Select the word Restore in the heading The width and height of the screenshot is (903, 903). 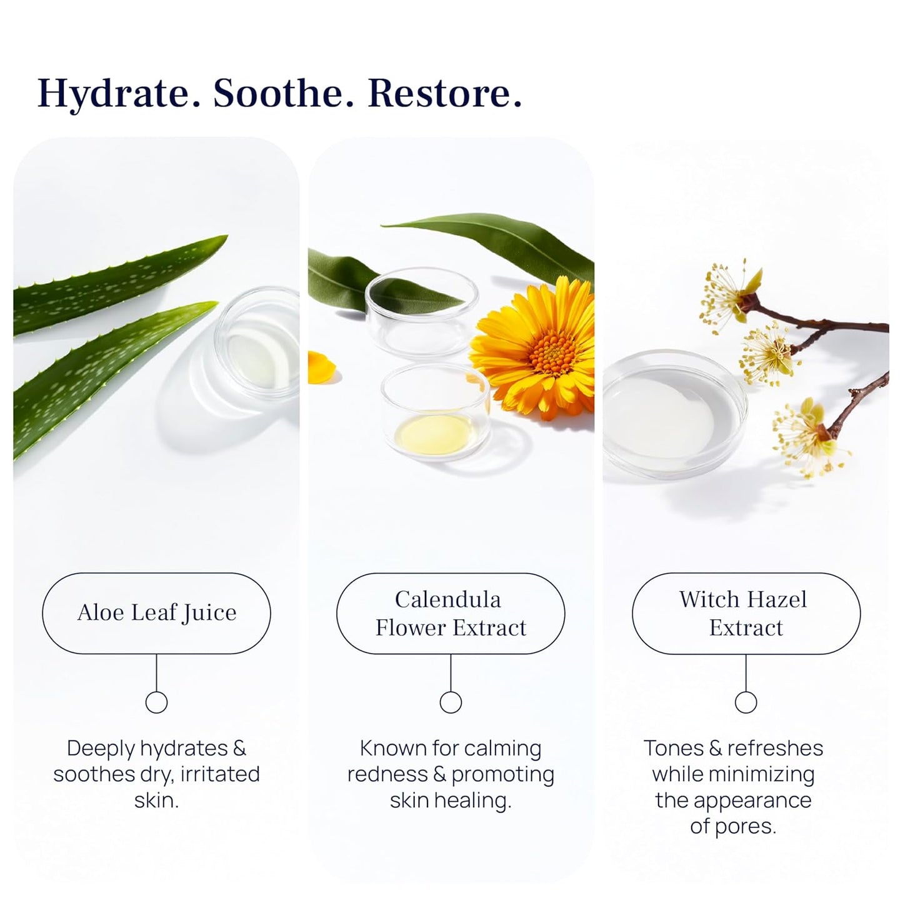pos(444,94)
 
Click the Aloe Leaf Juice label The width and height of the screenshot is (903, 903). pos(156,613)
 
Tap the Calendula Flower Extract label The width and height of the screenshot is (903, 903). pos(451,613)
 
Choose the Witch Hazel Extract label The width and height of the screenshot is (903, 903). pos(746,613)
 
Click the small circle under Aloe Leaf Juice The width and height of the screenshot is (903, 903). pos(156,702)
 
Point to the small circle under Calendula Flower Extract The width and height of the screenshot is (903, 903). pos(451,702)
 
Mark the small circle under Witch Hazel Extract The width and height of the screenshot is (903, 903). pos(746,702)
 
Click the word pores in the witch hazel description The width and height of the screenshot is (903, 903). pos(747,826)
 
